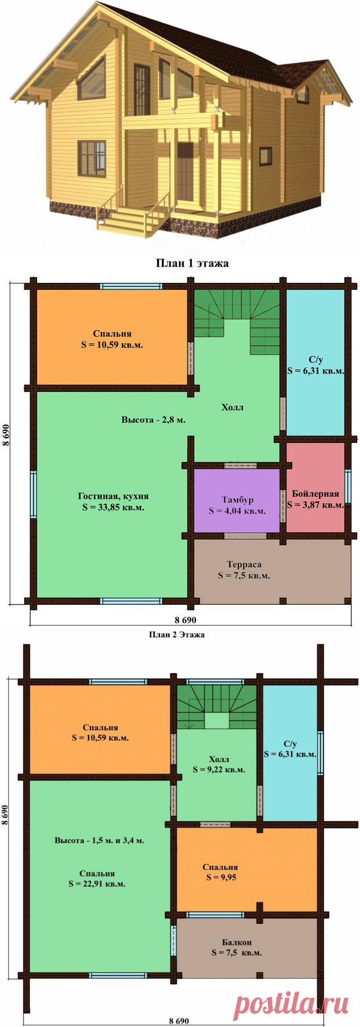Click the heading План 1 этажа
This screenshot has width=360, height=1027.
tap(192, 263)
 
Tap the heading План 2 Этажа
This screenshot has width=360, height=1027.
tap(177, 634)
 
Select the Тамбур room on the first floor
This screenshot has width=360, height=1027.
tap(237, 500)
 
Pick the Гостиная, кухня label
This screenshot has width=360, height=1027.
tap(113, 496)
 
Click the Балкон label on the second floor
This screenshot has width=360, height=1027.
tap(237, 942)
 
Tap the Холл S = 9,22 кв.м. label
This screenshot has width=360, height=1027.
tap(219, 764)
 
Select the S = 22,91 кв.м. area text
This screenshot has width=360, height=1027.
tap(97, 884)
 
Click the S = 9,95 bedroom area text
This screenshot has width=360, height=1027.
tap(221, 877)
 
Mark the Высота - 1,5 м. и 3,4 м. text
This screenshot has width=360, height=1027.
tap(100, 840)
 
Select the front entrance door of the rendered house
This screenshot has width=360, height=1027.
tap(186, 170)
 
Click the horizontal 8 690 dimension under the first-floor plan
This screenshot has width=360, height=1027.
tap(186, 620)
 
